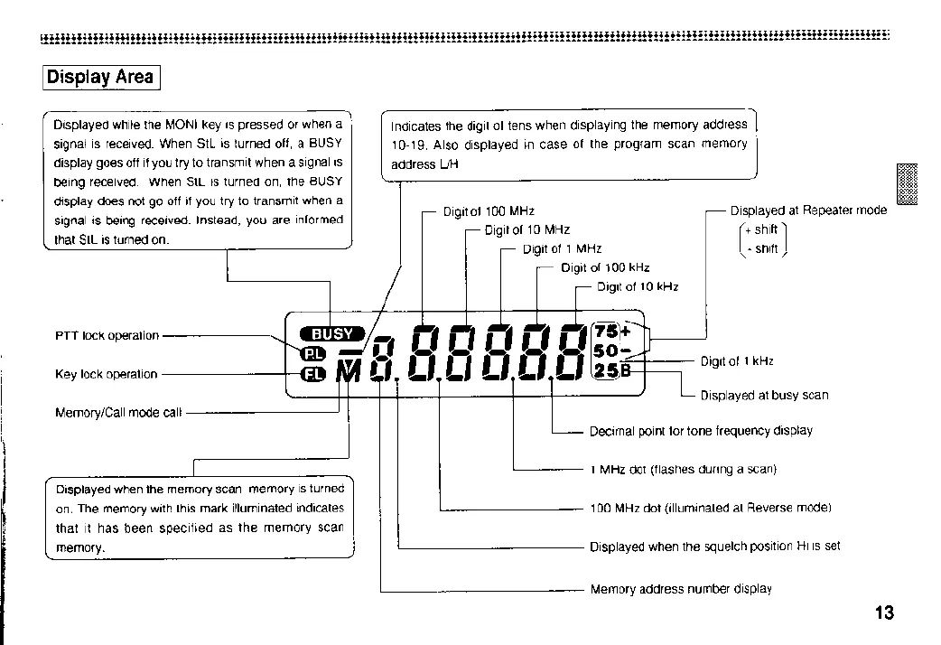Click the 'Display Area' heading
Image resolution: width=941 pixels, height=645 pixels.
(101, 77)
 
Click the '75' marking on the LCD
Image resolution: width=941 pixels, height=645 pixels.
(605, 332)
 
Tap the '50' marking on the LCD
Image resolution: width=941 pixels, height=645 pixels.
(605, 351)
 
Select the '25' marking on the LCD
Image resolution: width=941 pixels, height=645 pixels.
(605, 369)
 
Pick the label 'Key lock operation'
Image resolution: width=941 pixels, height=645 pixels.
(106, 374)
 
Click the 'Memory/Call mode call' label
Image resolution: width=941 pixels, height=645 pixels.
(118, 413)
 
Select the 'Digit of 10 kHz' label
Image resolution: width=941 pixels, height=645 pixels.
(638, 287)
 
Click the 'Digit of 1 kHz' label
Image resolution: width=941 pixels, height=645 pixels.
(737, 362)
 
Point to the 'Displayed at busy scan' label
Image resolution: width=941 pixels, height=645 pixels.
(764, 395)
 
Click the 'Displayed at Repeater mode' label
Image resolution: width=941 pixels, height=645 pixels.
(808, 210)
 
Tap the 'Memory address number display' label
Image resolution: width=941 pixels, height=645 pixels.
(681, 589)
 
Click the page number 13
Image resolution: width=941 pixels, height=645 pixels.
(884, 613)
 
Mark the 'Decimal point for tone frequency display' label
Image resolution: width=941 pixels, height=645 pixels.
(701, 431)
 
